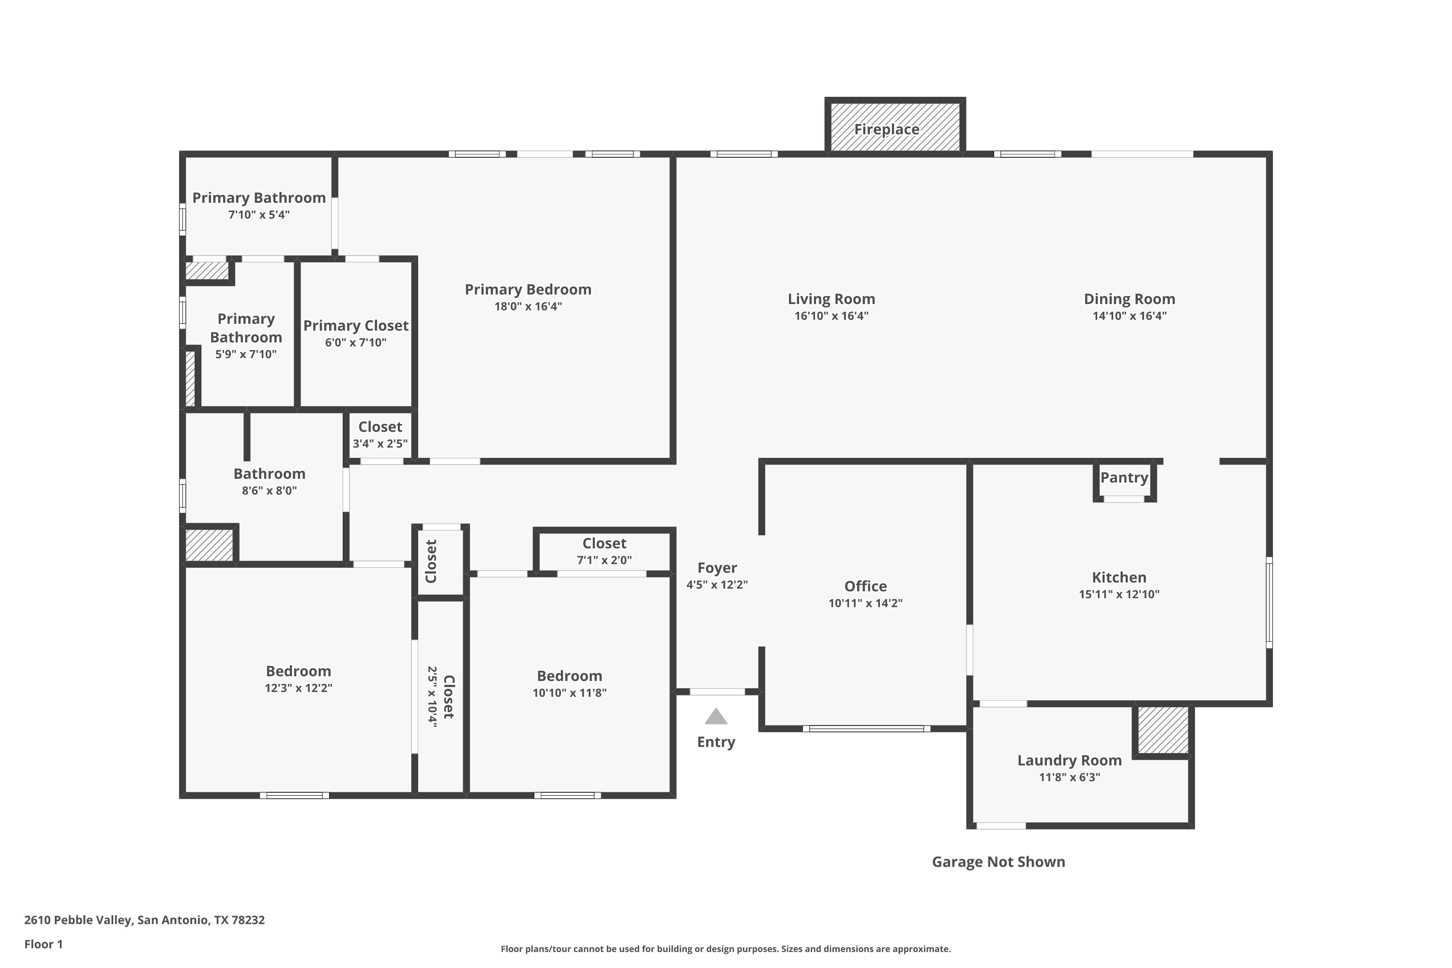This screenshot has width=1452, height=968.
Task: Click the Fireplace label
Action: coord(887,129)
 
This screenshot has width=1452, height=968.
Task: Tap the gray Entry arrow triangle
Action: coord(716,716)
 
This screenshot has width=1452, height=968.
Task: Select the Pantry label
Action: coord(1124,477)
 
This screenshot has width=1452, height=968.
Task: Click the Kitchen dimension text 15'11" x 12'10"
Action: coord(1119,594)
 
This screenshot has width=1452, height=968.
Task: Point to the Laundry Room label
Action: coord(1070,760)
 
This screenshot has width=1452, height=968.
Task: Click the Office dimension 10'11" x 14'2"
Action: coord(865,603)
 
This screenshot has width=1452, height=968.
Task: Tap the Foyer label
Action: coord(717,568)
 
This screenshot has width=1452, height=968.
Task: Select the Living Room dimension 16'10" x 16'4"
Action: coord(832,316)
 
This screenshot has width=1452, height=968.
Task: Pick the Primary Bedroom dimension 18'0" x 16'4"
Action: coord(529,306)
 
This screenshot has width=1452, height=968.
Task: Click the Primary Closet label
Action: coord(356,325)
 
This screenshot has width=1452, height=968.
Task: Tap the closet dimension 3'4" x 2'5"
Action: coord(380,443)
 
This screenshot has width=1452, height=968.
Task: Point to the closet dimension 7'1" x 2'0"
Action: coord(605,560)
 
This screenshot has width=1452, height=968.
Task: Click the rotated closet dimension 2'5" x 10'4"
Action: coord(433,696)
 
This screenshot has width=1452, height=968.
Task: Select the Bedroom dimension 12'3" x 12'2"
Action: coord(299,688)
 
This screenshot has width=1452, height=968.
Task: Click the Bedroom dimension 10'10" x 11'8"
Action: coord(570,693)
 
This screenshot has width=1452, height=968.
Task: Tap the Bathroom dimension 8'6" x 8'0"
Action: coord(269,491)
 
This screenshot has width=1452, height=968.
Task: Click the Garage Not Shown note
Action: coord(999,862)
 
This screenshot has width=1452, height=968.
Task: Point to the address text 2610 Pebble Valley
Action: coord(78,920)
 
